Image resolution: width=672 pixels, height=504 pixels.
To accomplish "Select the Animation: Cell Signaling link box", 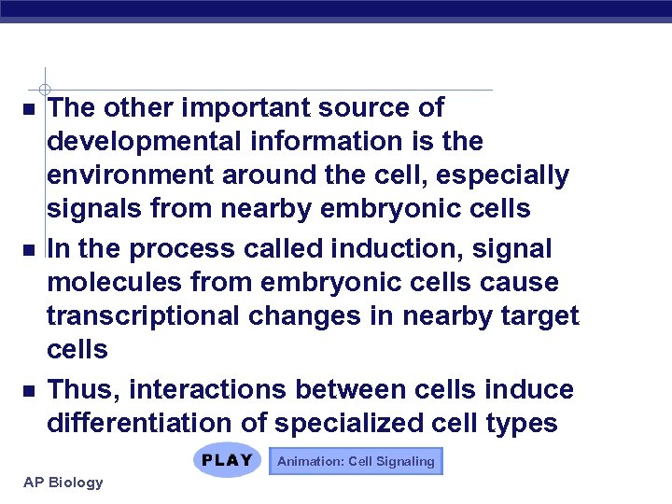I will coord(356,461).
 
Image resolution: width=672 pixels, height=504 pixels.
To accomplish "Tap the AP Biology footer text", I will coord(62,483).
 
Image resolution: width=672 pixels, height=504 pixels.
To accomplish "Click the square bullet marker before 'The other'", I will coord(29,109).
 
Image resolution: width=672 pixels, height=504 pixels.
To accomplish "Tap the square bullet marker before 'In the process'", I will coord(29,250).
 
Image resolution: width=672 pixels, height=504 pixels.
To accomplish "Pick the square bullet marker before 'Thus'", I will coord(29,390).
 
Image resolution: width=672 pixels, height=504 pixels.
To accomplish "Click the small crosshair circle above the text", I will coord(45,90).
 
